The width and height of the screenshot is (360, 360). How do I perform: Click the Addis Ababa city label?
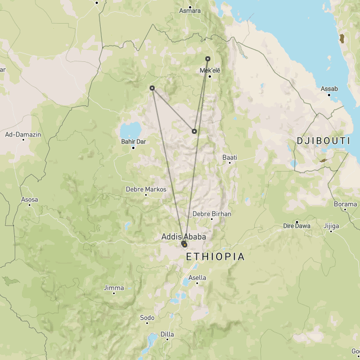[x=183, y=237]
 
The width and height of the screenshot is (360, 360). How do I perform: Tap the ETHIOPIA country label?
[x=215, y=256]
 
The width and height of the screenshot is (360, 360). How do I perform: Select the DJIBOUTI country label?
[x=323, y=141]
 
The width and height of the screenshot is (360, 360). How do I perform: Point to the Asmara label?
[x=190, y=11]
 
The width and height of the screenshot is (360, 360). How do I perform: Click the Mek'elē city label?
[x=209, y=70]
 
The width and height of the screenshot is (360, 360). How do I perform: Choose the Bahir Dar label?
[x=133, y=141]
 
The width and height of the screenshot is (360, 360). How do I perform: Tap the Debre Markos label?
[x=147, y=190]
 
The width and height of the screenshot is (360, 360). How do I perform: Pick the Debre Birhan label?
[x=211, y=214]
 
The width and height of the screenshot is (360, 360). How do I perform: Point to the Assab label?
[x=329, y=89]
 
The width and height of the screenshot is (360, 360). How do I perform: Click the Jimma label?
[x=114, y=287]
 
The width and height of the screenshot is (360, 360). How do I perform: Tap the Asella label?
[x=197, y=277]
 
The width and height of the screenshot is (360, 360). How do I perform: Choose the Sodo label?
[x=147, y=318]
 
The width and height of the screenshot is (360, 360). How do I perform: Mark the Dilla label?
[x=167, y=334]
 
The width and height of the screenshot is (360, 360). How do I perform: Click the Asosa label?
[x=29, y=200]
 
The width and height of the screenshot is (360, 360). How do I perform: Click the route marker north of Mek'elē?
[x=208, y=58]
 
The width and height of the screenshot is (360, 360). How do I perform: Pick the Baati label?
[x=229, y=157]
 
